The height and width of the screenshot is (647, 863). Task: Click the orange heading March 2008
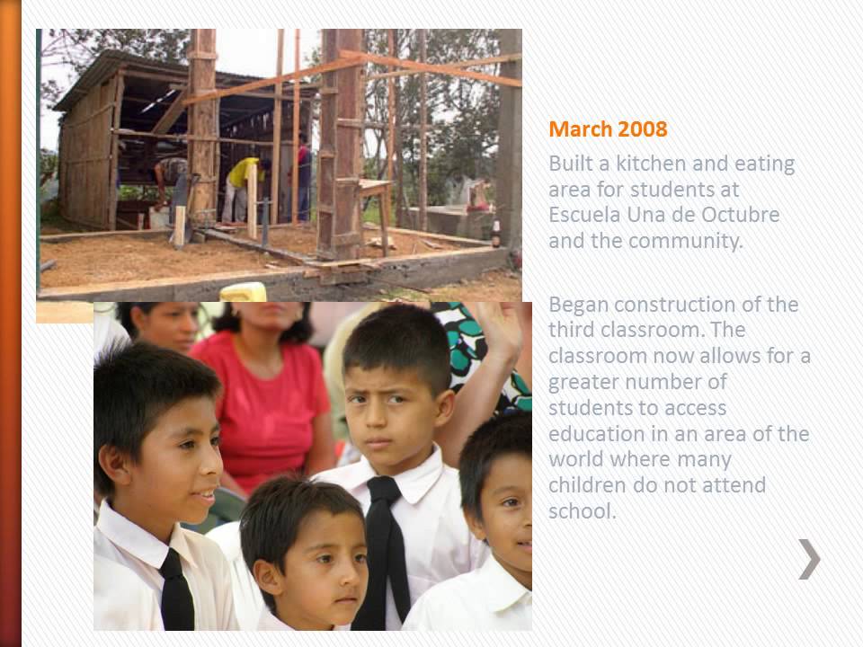[608, 129]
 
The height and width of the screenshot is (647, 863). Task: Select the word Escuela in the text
[586, 216]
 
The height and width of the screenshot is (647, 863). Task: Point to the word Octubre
[742, 216]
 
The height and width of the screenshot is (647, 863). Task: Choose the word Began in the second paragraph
[579, 304]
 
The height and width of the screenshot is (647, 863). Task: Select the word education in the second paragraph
[594, 434]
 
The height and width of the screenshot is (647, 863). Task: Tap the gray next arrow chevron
[809, 559]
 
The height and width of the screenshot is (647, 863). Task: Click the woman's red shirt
[261, 395]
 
